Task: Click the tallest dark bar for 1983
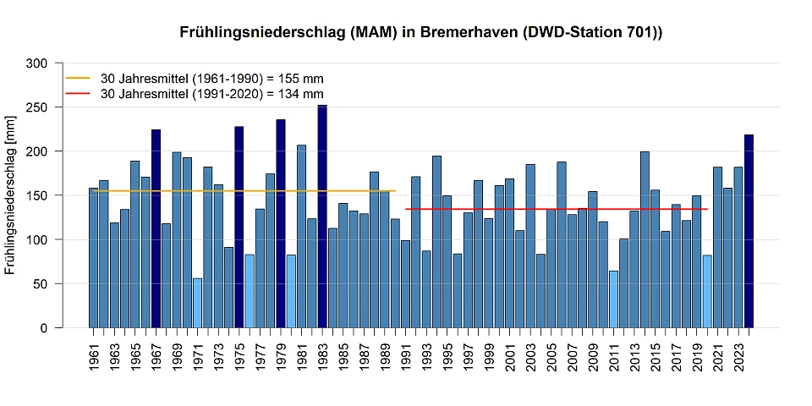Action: [322, 217]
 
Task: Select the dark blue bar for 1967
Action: [156, 228]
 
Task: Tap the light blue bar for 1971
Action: [198, 303]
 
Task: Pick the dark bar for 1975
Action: [239, 227]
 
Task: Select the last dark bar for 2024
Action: [749, 231]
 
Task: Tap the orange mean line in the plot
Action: [254, 191]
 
